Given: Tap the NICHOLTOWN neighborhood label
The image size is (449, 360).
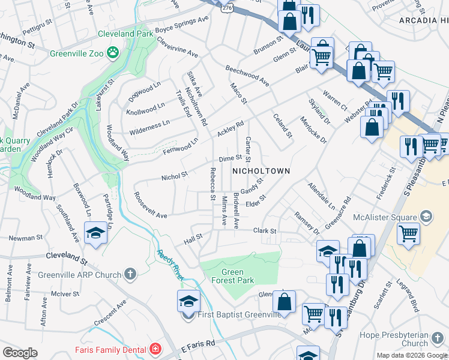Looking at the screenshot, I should click(x=261, y=171).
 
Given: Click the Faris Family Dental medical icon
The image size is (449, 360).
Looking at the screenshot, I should click(x=155, y=349).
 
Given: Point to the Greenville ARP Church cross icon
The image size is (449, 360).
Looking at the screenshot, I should click(x=130, y=275).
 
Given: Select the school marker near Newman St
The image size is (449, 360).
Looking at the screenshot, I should click(x=95, y=233).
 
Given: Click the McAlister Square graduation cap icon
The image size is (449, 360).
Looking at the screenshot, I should click(x=426, y=215).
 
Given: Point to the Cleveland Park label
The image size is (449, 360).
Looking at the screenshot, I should click(x=127, y=34).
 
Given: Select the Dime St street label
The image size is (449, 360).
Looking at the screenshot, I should click(x=230, y=159).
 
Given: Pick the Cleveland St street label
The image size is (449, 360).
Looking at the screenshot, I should click(x=67, y=258).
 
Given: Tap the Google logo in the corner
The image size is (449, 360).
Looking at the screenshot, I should click(x=20, y=353).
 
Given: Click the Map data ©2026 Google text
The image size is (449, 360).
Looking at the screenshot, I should click(x=412, y=355).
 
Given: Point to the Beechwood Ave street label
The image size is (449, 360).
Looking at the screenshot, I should click(x=247, y=73).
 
